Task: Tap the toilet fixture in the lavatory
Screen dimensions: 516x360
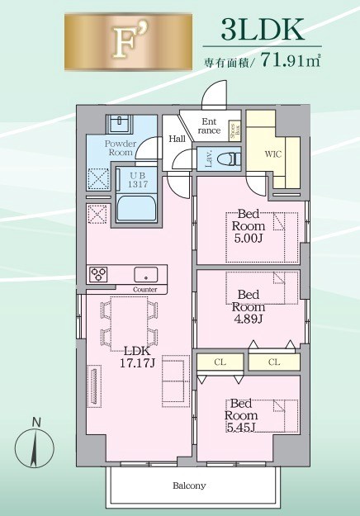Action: (x=230, y=157)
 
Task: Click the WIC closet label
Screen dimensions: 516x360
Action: (x=274, y=154)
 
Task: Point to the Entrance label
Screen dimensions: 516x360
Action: (x=210, y=126)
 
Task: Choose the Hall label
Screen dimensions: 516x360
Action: (x=177, y=140)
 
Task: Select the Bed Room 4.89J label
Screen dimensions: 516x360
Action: (x=248, y=305)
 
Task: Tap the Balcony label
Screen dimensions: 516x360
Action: (x=189, y=485)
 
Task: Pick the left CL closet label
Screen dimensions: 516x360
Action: (x=219, y=362)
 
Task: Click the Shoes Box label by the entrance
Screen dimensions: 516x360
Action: (x=234, y=130)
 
